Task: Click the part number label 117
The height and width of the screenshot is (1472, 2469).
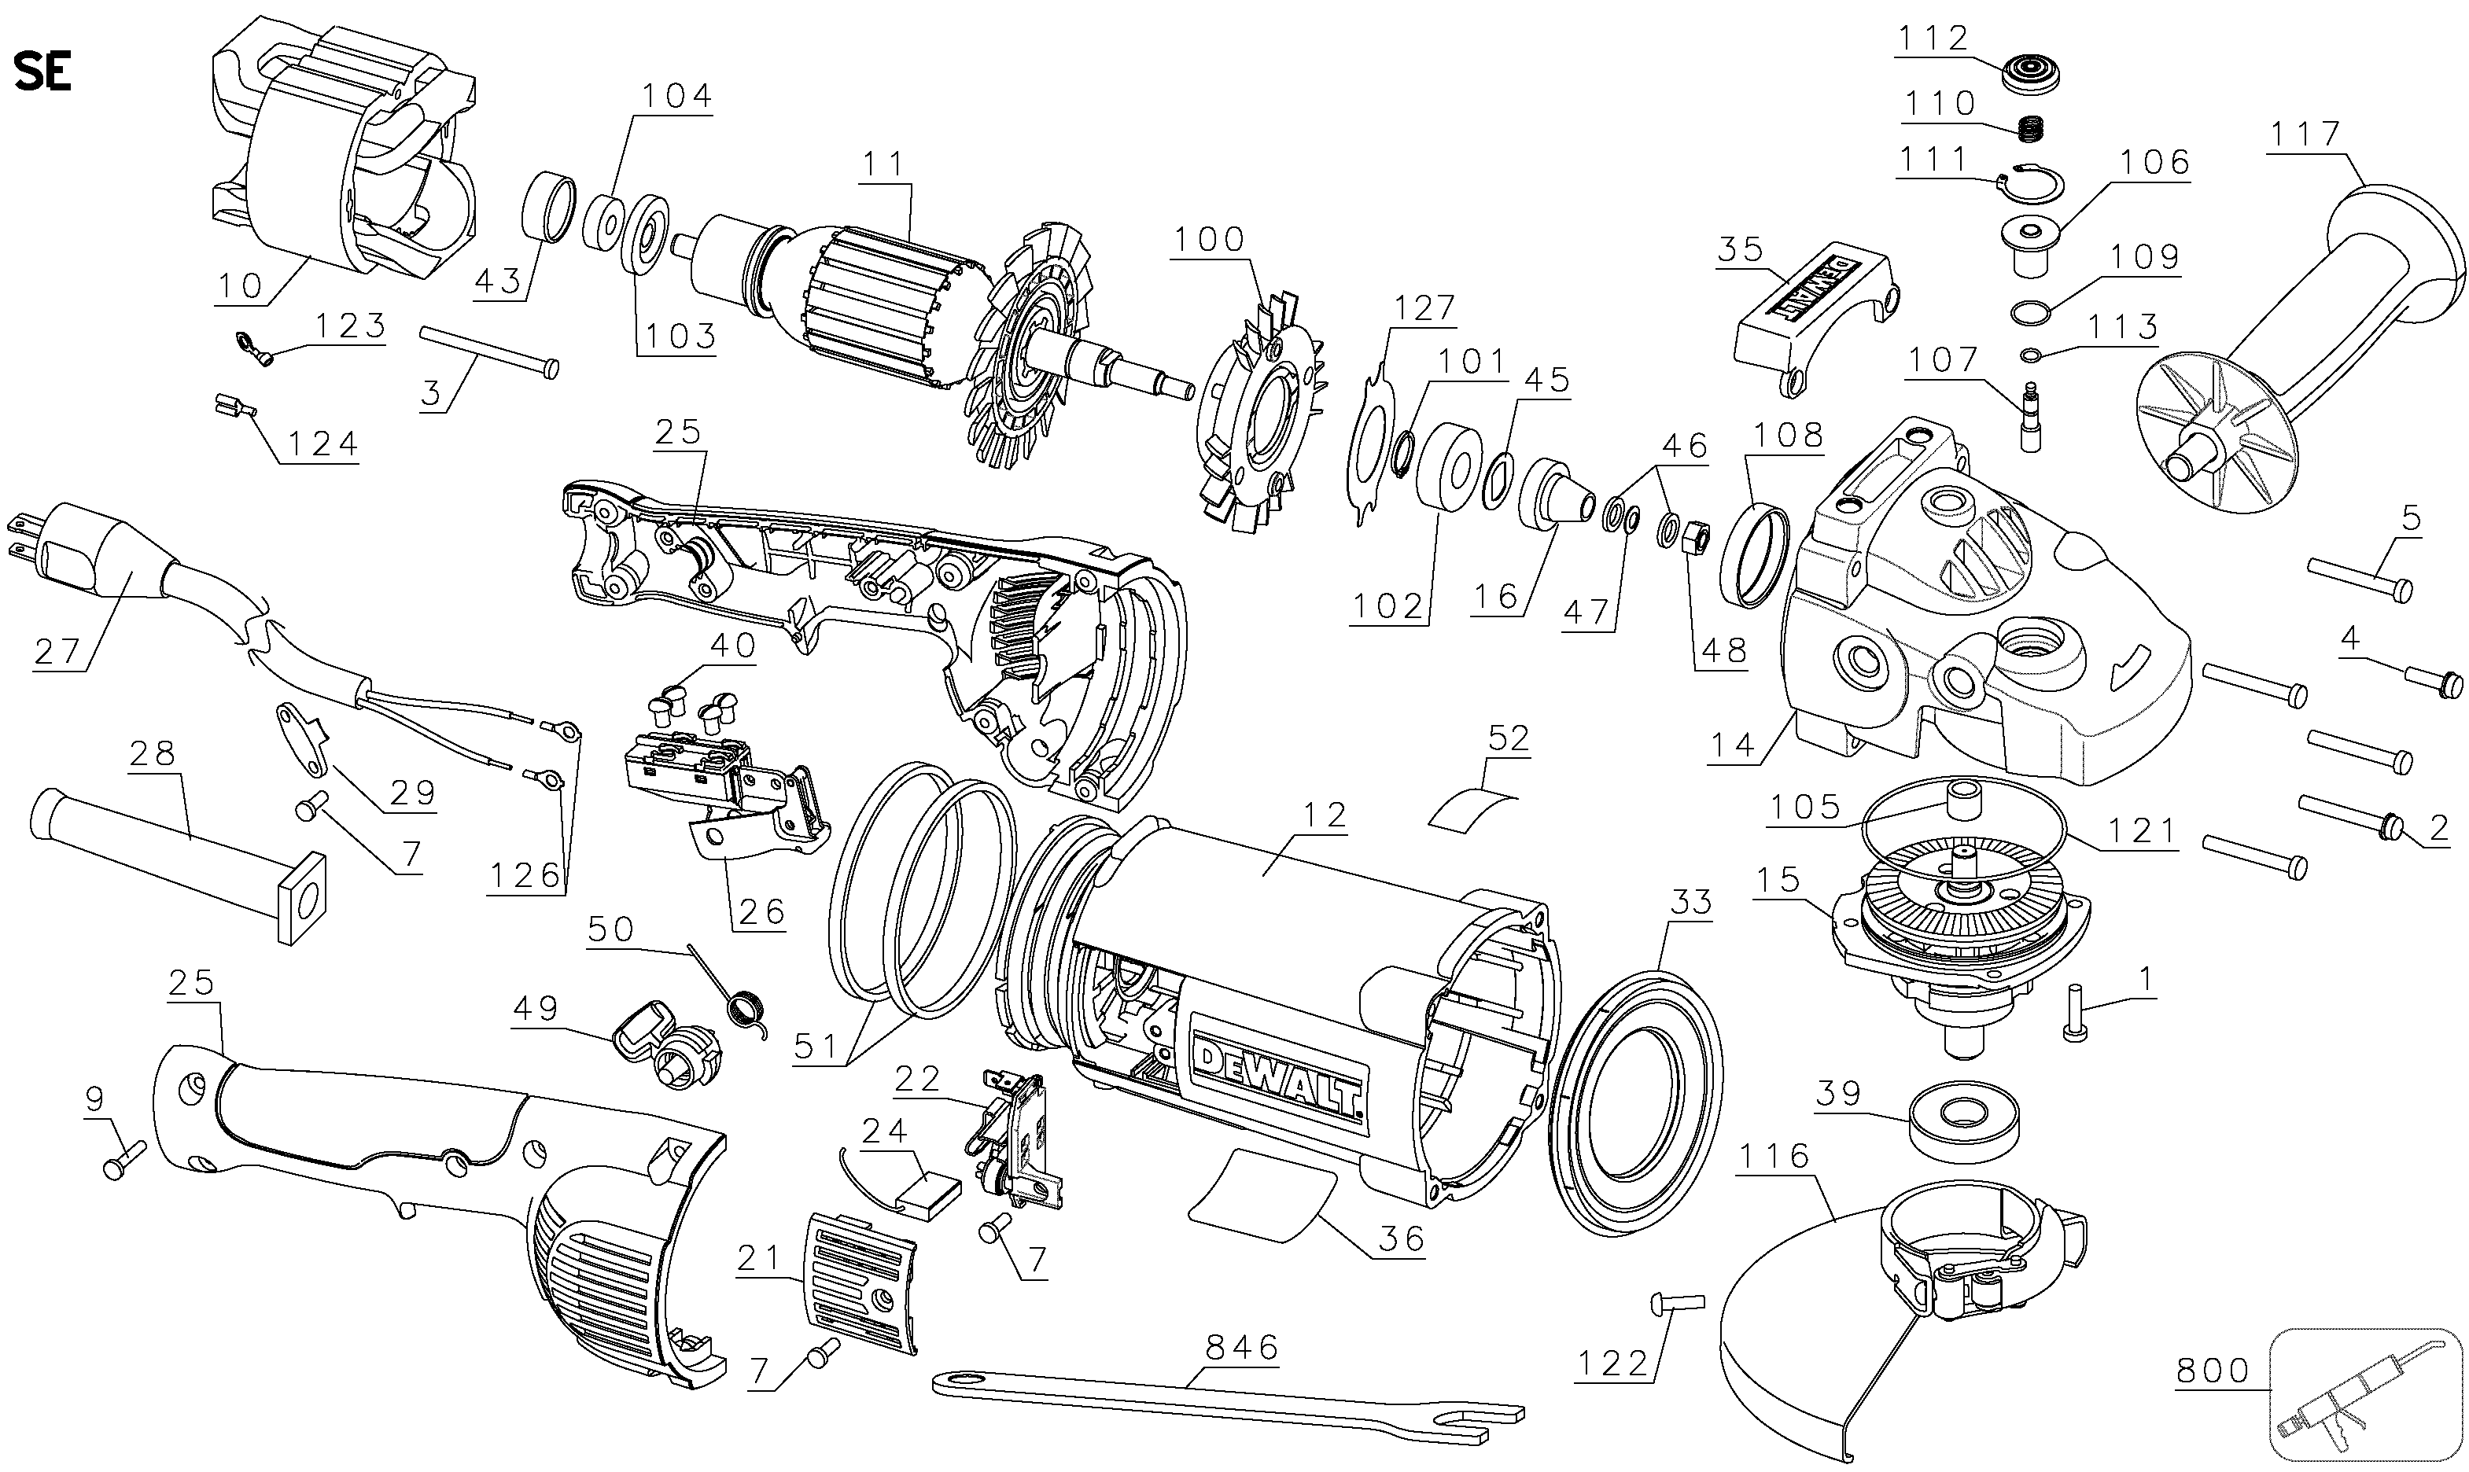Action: pos(2305,134)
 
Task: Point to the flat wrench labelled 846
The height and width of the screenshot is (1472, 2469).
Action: pos(1230,1399)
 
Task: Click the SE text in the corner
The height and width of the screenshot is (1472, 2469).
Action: pos(42,72)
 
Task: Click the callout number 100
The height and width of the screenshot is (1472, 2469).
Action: pos(1209,239)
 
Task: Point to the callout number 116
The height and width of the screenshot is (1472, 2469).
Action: pos(1773,1156)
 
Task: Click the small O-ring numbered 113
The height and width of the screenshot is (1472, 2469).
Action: pos(2028,354)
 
